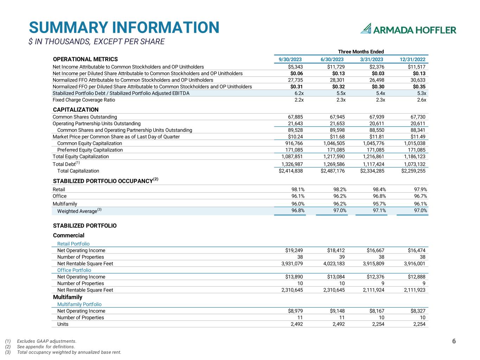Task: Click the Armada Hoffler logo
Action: point(408,29)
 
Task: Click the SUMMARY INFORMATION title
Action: point(124,27)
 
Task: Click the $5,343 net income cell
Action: point(295,67)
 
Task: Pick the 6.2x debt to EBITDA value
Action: point(299,93)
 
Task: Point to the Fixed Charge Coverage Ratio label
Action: point(84,100)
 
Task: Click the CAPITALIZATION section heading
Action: point(76,110)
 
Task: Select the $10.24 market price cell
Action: point(295,137)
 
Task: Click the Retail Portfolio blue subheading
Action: point(73,244)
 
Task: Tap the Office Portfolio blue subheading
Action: point(74,270)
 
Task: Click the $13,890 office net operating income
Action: point(294,277)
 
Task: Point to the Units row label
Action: point(63,324)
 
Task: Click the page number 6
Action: point(454,341)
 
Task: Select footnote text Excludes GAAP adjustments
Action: point(46,341)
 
